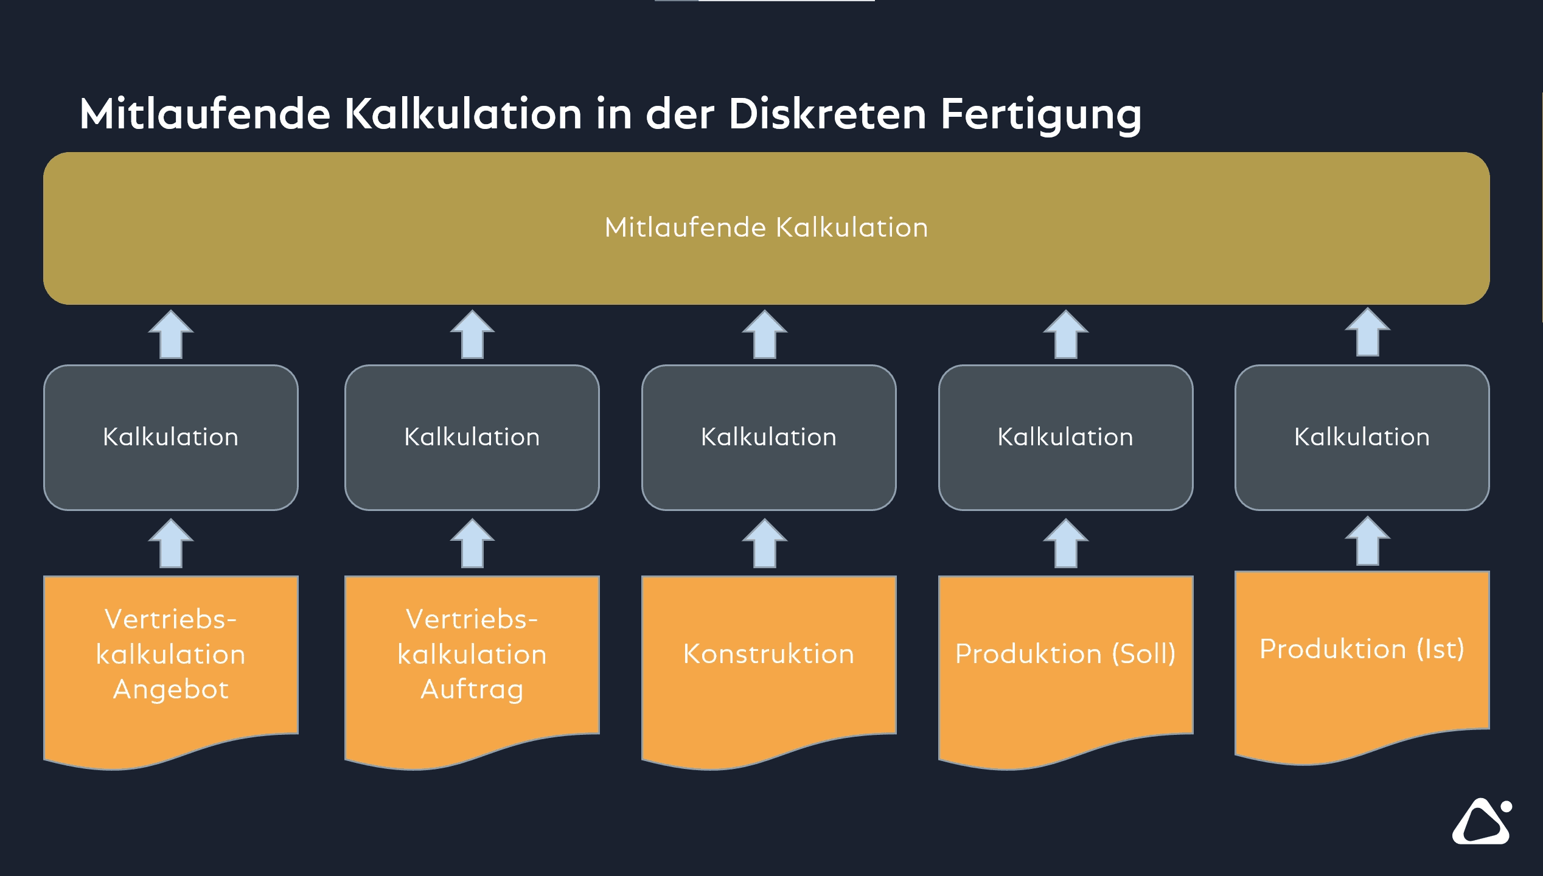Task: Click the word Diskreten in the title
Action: click(x=827, y=114)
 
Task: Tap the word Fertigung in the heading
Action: click(x=1040, y=115)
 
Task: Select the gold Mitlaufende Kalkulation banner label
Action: click(x=766, y=228)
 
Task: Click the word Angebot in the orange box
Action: click(x=171, y=690)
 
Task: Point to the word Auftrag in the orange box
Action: click(x=472, y=690)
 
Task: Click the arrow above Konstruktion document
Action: click(x=765, y=543)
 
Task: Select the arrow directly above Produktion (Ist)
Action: click(x=1367, y=541)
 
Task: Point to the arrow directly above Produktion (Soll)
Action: click(x=1065, y=543)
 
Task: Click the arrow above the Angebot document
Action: click(x=171, y=543)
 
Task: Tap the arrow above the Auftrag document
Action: click(x=472, y=543)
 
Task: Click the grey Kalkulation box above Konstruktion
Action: click(x=768, y=437)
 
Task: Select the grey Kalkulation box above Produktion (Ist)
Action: click(x=1362, y=437)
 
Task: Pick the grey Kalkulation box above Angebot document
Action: click(x=171, y=437)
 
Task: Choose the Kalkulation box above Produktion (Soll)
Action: click(x=1065, y=437)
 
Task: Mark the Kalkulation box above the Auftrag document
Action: click(x=472, y=437)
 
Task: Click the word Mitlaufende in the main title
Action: click(x=204, y=114)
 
